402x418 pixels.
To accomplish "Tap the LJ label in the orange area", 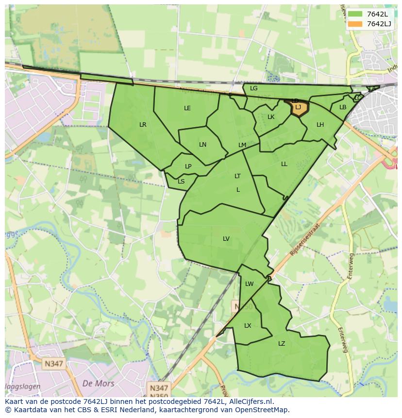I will coord(298,107).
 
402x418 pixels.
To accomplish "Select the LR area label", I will coord(143,125).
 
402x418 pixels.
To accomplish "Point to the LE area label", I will coord(187,108).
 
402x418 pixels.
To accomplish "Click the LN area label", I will coord(203,145).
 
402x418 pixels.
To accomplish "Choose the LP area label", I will coord(188,167).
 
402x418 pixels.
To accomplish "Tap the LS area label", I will coord(181,182).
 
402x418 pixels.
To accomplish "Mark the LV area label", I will coord(226,239).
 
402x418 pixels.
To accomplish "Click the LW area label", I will coord(250,284).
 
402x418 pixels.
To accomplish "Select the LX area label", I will coord(248,326).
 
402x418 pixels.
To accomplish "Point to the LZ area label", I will coord(282,344).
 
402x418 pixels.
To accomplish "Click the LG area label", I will coord(254,88).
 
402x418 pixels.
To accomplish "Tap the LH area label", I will coord(320,125).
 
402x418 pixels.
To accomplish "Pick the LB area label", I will coord(343,107).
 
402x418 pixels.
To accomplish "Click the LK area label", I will coord(271,117).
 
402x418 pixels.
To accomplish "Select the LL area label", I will coord(284,164).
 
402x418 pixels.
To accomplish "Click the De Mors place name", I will coord(99,384).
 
